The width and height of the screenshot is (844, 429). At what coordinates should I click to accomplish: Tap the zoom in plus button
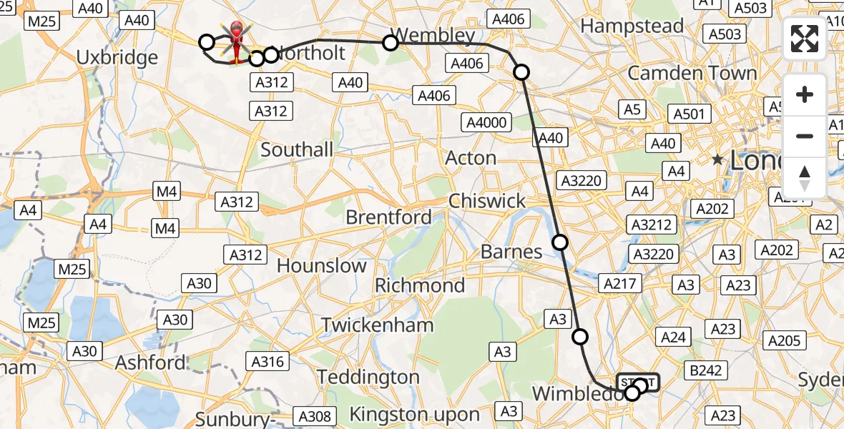click(x=805, y=95)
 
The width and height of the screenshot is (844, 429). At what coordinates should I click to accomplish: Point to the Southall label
click(x=297, y=149)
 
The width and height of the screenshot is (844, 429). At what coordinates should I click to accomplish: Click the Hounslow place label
click(x=321, y=266)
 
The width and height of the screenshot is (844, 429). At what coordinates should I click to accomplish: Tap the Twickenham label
click(x=377, y=325)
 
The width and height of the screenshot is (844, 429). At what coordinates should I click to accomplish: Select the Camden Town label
click(x=692, y=73)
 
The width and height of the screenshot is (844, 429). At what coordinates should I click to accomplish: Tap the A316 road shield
click(x=268, y=362)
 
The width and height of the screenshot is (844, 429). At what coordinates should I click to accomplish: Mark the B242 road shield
click(x=705, y=370)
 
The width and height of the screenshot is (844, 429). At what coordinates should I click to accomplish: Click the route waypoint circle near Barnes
click(x=560, y=242)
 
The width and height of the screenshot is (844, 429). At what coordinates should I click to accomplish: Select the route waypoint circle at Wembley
click(x=391, y=43)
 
